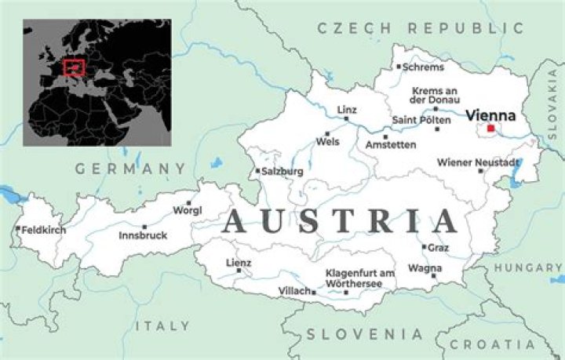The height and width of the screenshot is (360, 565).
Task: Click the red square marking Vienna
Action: (490, 129)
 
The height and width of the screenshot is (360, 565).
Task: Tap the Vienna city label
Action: (490, 115)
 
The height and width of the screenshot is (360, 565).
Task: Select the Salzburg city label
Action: (282, 171)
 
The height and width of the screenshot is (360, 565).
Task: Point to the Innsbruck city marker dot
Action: (144, 227)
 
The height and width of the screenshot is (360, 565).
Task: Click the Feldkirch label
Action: (44, 230)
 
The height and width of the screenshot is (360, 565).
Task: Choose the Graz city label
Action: (439, 247)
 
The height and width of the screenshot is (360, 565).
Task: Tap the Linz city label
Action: (347, 109)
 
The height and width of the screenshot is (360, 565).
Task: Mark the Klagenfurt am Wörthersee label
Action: (359, 278)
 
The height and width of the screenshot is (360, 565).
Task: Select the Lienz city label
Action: (239, 262)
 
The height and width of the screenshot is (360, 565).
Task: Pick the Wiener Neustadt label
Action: (478, 162)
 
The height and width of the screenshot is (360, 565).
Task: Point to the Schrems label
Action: (423, 67)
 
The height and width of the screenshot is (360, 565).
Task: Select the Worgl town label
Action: (188, 210)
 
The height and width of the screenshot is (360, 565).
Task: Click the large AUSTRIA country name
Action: (340, 221)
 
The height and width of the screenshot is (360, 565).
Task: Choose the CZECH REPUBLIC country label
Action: (420, 28)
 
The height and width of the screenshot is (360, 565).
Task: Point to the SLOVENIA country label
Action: (364, 334)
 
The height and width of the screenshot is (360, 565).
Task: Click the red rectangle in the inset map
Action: (74, 67)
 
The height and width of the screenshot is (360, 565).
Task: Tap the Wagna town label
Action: (424, 267)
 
